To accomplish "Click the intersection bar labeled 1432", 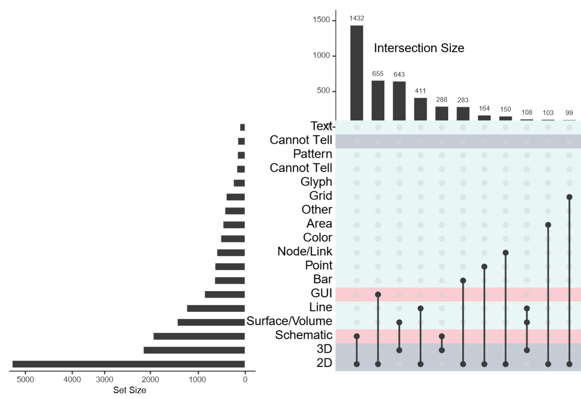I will (x=356, y=73).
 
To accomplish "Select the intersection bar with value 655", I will (x=378, y=100).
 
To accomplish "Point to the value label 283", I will (x=463, y=100).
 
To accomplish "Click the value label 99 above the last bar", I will (x=569, y=113).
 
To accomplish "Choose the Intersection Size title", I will (x=419, y=48).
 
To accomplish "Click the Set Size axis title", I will (x=129, y=390).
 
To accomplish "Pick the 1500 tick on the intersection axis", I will (x=321, y=20).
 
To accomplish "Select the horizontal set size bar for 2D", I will (x=128, y=364).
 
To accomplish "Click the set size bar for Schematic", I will (x=199, y=336).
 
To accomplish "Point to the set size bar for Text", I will (x=242, y=127).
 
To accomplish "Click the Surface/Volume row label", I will (x=289, y=321).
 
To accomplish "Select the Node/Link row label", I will (x=304, y=251).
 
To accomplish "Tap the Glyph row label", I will (x=316, y=182).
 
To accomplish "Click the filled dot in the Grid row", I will (x=569, y=197).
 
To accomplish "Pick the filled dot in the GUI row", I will (x=378, y=294).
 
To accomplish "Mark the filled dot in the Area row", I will (x=548, y=225).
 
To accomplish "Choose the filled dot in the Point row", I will (x=484, y=266).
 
